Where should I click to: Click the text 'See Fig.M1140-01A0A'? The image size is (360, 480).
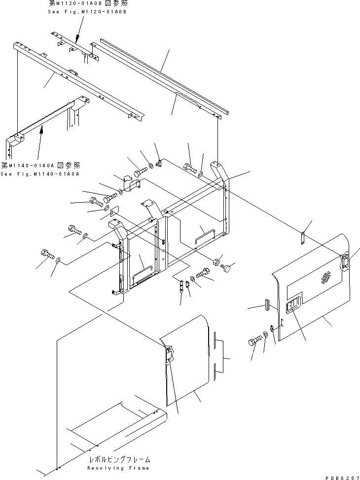coord(40,174)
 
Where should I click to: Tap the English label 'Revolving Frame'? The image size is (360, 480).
coord(118,468)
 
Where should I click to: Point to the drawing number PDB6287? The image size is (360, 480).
coord(340,475)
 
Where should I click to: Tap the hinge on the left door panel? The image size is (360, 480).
coord(169,354)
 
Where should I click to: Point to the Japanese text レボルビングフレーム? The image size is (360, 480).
coord(118,460)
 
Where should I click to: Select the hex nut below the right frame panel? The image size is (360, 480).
coord(216,261)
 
